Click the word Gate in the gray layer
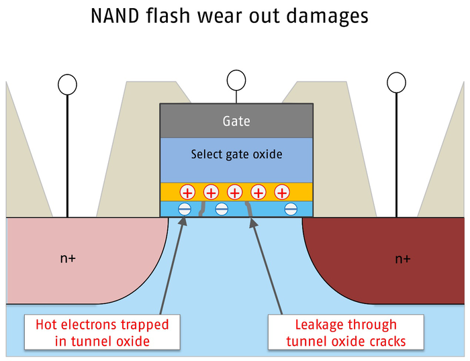236,121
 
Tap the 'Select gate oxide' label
236,154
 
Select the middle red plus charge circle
234,193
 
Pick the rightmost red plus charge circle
283,193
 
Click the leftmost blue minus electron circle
185,209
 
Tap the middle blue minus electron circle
222,209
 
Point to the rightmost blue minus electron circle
291,209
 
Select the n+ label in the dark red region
402,258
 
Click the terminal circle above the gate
236,81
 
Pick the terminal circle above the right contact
396,83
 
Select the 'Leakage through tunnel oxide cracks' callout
346,333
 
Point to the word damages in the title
326,16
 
